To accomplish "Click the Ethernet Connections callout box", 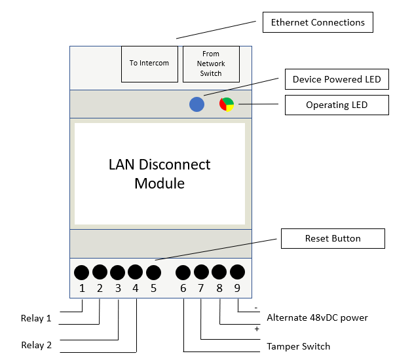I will tap(318, 22).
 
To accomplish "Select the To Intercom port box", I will tap(149, 63).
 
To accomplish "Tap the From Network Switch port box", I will tap(211, 63).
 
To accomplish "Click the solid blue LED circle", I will tap(197, 104).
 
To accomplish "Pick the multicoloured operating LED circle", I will tap(227, 104).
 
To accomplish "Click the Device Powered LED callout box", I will tap(337, 80).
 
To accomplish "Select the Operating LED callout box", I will tap(337, 105).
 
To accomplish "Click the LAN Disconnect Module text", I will tap(159, 173).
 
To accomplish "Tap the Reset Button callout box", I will tap(333, 238).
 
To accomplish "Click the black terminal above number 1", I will tap(82, 272).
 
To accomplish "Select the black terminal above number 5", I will tap(153, 272).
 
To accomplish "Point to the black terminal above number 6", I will tap(183, 272).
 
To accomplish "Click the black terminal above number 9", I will tap(238, 272).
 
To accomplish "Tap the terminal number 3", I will tap(118, 288).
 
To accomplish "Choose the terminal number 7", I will tap(201, 288).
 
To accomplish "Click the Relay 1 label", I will tap(36, 319).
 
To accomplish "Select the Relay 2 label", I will tap(36, 346).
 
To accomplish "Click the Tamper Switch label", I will tap(298, 346).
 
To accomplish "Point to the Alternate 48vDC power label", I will tap(317, 318).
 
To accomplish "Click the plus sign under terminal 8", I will tap(257, 329).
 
